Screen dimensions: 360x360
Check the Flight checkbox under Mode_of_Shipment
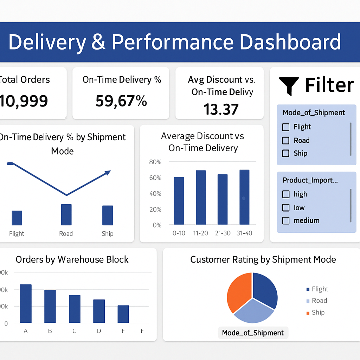point(286,127)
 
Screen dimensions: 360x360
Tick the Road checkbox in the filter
point(286,141)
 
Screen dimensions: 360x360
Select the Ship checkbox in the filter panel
point(286,154)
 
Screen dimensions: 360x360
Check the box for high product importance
point(286,194)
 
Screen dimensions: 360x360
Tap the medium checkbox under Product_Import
point(286,221)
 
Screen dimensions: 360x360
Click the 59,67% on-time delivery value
point(121,101)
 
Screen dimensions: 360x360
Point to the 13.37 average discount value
point(221,109)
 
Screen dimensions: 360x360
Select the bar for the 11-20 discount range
point(201,197)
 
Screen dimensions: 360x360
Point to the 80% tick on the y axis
point(155,162)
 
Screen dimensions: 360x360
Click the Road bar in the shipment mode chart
point(66,214)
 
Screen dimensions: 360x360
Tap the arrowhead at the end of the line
point(108,172)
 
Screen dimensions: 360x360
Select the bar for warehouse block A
point(26,304)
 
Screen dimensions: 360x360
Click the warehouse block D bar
point(99,311)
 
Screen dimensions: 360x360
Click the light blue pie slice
point(254,311)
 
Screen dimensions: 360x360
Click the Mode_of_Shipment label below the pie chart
point(253,333)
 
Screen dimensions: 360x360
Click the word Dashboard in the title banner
point(290,42)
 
